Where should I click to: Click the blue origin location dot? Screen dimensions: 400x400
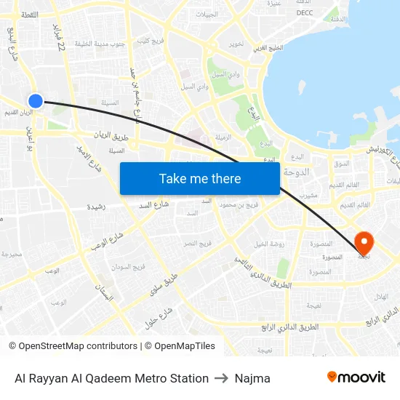click(x=35, y=100)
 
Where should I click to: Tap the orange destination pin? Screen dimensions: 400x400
click(x=363, y=242)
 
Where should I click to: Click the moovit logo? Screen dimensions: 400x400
click(x=356, y=377)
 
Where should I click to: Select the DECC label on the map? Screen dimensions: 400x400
click(x=305, y=12)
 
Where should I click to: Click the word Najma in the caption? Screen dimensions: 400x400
click(x=252, y=378)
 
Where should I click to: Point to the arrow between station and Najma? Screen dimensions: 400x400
click(x=222, y=378)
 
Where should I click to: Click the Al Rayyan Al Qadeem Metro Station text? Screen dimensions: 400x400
click(x=111, y=378)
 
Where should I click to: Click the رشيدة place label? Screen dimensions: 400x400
click(x=96, y=207)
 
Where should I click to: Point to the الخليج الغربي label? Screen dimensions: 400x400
click(x=269, y=49)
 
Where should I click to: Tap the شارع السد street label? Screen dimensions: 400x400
click(x=155, y=204)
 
